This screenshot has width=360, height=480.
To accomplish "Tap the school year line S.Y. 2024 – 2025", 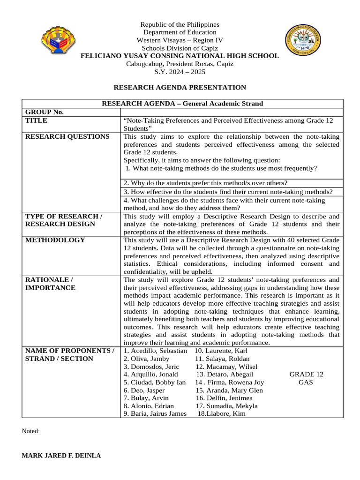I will (180, 72).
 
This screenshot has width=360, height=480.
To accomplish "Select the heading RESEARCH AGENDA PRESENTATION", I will (180, 87).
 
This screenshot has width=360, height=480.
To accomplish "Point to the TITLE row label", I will (36, 120).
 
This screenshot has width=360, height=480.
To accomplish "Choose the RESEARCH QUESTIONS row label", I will (67, 136).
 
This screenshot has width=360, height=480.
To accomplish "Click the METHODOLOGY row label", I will (55, 240).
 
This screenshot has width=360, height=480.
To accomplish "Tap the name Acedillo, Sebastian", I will (155, 351).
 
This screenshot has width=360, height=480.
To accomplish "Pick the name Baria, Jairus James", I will (155, 413).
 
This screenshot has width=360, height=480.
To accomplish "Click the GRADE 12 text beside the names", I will (306, 374).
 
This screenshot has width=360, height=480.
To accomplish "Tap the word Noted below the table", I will (31, 431).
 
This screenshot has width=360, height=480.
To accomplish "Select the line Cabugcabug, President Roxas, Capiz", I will (180, 64).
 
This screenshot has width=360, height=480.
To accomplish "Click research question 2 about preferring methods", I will (206, 183).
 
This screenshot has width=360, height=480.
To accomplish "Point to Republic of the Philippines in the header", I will (180, 24).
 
